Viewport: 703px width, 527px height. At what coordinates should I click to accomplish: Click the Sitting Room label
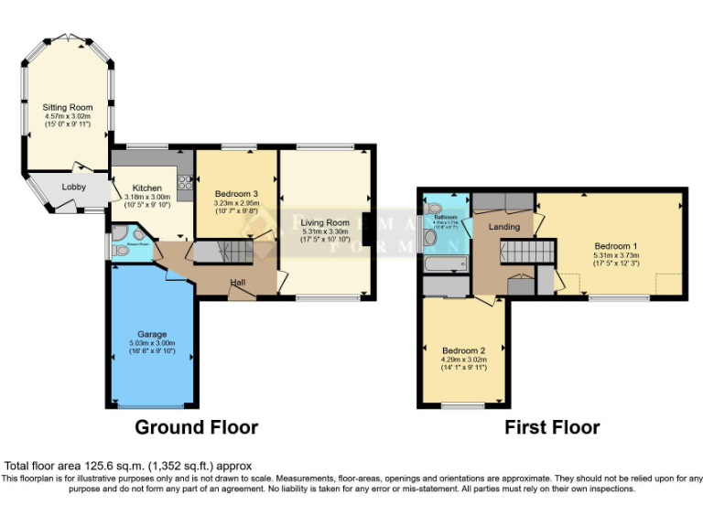(x=68, y=108)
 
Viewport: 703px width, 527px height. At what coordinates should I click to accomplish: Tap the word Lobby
(x=74, y=188)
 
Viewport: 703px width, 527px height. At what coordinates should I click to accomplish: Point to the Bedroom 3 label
(x=236, y=194)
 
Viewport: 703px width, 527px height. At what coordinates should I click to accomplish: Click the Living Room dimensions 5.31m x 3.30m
(x=325, y=232)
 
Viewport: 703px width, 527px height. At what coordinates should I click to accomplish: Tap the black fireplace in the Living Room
(x=367, y=229)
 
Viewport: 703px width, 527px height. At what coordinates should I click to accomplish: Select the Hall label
(x=237, y=282)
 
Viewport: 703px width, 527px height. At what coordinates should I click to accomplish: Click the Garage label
(x=151, y=335)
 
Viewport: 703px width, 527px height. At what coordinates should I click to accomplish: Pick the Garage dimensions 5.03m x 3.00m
(x=151, y=344)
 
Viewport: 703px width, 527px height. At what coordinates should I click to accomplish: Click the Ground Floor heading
(x=196, y=427)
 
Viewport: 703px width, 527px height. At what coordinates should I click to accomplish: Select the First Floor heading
(x=552, y=427)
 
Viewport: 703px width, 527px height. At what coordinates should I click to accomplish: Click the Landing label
(x=503, y=226)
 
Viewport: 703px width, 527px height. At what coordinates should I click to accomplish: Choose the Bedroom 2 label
(x=463, y=350)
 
